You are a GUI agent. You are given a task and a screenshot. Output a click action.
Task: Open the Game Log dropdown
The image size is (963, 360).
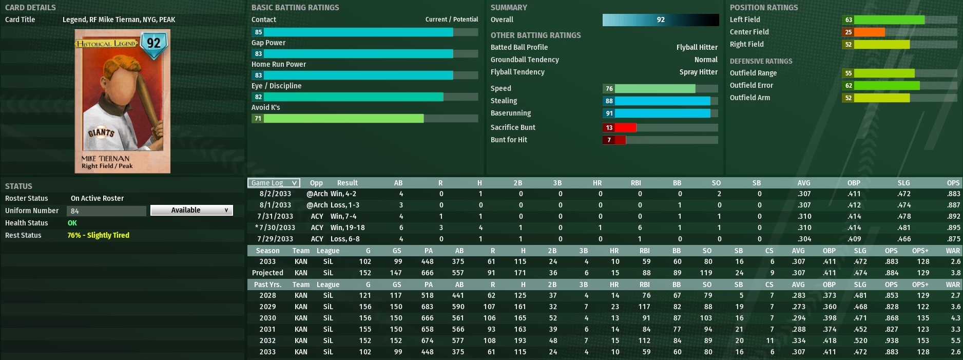click(274, 183)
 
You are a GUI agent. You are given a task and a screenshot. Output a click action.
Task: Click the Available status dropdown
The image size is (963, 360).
click(191, 210)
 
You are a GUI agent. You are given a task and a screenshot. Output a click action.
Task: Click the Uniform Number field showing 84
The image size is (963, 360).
click(106, 211)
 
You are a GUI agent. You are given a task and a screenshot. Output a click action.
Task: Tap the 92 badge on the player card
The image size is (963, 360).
click(153, 43)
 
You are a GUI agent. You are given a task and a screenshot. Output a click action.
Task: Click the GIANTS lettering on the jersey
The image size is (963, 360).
click(101, 133)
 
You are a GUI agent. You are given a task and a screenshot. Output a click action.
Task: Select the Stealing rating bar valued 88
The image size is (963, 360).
click(662, 101)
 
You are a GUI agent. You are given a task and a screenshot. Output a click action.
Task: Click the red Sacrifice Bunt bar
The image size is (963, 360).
click(619, 128)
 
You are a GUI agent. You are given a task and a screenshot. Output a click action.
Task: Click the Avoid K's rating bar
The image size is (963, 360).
click(343, 119)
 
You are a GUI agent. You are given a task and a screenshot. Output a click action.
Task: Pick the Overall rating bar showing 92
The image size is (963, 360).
click(660, 20)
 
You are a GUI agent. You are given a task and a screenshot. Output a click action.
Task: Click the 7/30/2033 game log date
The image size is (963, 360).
click(276, 228)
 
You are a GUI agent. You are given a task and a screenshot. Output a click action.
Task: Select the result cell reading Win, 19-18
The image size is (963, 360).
click(348, 228)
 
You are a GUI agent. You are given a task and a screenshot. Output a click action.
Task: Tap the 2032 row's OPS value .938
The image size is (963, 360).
click(891, 340)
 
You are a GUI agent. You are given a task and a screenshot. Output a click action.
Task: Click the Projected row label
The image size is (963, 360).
click(267, 273)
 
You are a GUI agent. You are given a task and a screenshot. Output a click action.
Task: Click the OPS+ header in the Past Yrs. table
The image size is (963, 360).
click(920, 285)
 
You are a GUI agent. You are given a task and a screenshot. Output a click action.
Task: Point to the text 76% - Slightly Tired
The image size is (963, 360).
click(99, 235)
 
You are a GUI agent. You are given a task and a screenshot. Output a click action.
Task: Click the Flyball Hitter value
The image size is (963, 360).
click(697, 47)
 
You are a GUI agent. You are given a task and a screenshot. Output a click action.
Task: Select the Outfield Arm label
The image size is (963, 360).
click(749, 98)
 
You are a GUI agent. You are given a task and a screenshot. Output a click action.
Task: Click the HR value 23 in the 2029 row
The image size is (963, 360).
click(615, 307)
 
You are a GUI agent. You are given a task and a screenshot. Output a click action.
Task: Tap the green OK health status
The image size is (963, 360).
click(72, 223)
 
